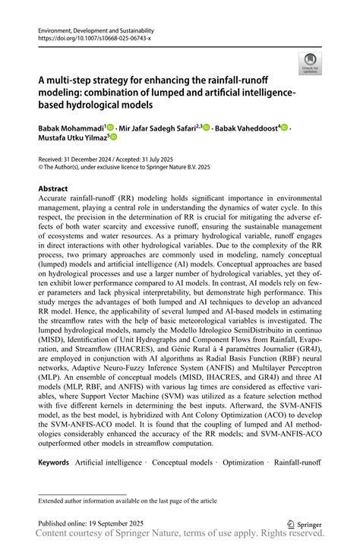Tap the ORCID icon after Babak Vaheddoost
(x=285, y=128)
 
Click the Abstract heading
(x=53, y=188)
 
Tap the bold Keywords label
(x=55, y=462)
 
